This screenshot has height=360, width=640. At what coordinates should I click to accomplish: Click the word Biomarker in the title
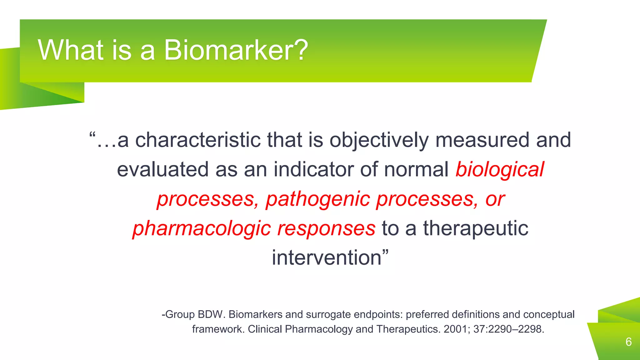point(236,50)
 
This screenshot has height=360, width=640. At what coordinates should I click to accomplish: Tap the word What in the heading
point(71,50)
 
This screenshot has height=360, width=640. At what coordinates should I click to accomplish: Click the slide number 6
point(628,342)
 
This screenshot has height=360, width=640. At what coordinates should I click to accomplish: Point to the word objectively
point(379,140)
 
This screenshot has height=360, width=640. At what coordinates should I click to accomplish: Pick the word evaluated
point(163,169)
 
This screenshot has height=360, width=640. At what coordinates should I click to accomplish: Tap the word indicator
point(313,169)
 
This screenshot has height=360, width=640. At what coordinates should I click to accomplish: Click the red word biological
point(500,169)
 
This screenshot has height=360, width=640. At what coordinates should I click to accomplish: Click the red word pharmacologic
point(202,228)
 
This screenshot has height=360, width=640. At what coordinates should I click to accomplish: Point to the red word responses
point(326,228)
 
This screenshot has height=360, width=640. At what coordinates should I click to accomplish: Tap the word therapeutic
point(475,228)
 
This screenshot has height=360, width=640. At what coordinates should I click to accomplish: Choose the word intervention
point(327,258)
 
